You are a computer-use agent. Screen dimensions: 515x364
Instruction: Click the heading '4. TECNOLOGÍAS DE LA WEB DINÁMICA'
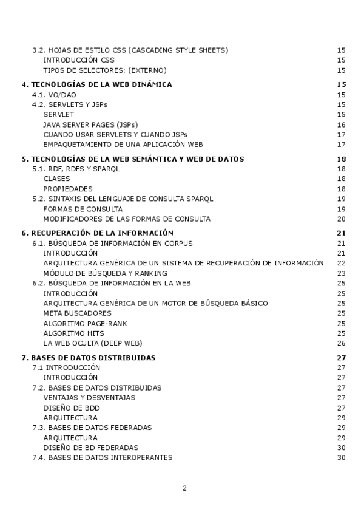point(96,84)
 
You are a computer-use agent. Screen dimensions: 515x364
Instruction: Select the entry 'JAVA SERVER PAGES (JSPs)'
point(90,124)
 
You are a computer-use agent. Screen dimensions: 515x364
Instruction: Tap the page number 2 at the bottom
point(184,488)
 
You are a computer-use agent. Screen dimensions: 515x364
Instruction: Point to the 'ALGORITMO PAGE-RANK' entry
point(85,323)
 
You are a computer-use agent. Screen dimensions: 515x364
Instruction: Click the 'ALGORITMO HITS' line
point(73,333)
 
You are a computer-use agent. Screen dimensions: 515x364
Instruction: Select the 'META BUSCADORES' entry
point(77,313)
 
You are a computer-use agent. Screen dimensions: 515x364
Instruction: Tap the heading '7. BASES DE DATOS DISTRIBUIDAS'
point(88,358)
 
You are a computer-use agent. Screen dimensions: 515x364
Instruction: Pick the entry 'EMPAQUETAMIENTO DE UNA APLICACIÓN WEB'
point(123,145)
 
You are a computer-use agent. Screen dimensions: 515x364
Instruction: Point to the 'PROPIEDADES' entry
point(68,189)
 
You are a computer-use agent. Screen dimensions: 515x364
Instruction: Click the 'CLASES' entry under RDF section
point(56,179)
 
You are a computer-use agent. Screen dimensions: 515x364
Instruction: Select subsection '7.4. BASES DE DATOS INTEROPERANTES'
point(102,457)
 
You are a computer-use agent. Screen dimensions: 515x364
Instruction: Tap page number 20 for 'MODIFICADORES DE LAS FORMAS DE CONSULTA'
point(341,219)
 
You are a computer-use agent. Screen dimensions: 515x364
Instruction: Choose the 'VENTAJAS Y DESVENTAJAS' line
point(89,398)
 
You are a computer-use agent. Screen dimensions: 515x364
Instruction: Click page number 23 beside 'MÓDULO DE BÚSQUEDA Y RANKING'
point(341,273)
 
